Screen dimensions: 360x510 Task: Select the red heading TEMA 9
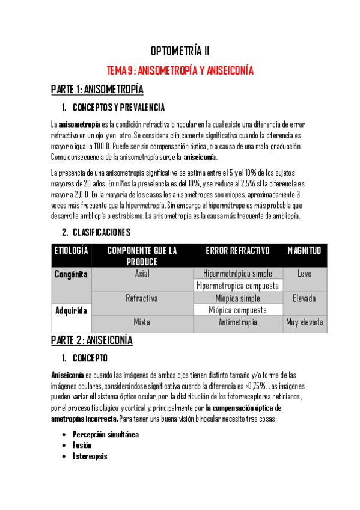click(180, 70)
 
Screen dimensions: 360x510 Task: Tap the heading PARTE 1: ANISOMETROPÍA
click(97, 90)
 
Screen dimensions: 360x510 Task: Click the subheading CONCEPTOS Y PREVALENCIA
click(118, 108)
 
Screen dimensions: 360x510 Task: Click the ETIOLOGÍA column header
click(72, 250)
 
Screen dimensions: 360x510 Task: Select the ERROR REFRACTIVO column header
click(237, 250)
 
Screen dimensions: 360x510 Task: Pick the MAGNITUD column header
click(304, 250)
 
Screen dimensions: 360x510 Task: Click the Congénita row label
click(72, 274)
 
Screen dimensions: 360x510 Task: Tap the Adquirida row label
click(72, 311)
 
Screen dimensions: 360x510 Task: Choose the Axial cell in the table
click(142, 274)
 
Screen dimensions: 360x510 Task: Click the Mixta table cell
click(142, 322)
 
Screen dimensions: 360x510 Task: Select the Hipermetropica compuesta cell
click(237, 286)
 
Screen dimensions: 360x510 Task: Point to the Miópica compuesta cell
click(237, 310)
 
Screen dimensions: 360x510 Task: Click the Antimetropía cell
click(237, 322)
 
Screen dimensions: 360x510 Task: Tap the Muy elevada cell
click(305, 322)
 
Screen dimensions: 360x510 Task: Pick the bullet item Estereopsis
click(91, 456)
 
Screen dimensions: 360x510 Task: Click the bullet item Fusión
click(82, 445)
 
